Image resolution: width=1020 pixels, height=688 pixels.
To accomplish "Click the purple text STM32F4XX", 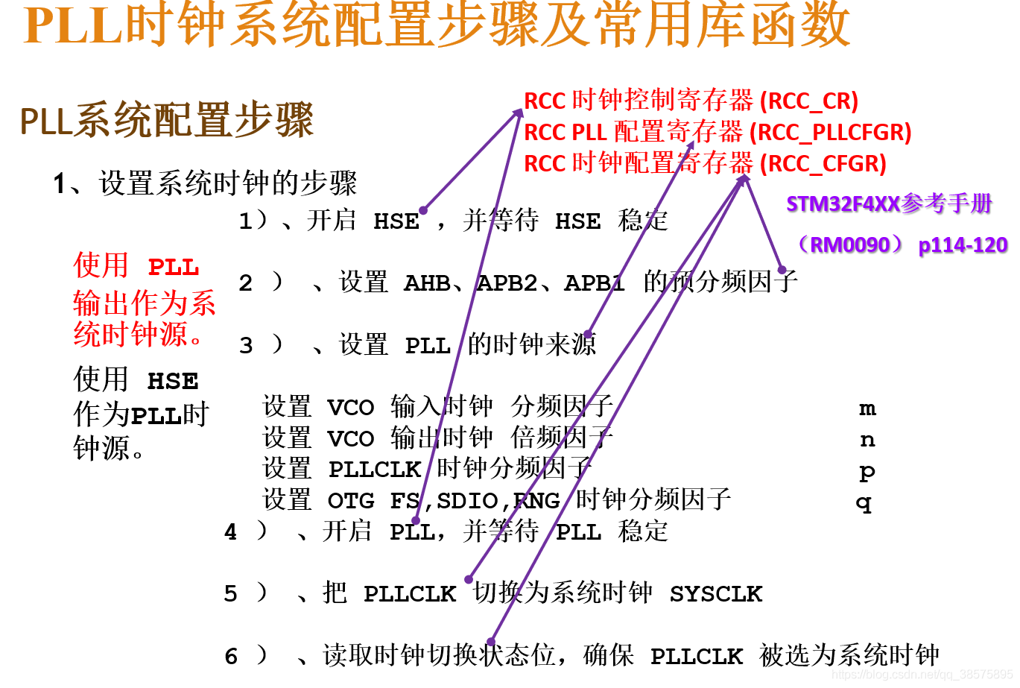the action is (x=843, y=203).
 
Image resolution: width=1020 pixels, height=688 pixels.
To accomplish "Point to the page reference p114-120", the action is (x=963, y=244).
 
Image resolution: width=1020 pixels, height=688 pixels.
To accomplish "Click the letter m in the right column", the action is (x=867, y=408).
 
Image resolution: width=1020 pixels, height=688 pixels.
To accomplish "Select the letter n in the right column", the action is (x=867, y=440).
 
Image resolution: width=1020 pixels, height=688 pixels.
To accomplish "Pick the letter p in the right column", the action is (x=867, y=472).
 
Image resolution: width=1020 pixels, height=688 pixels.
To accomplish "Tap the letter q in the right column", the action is (x=864, y=503).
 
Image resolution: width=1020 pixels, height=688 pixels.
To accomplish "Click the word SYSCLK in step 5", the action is (x=715, y=594).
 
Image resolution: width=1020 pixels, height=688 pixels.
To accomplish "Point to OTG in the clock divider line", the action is (x=351, y=501).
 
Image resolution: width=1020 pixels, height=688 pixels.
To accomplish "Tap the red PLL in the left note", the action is (x=174, y=267).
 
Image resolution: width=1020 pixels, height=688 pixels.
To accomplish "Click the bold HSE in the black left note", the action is (x=173, y=382).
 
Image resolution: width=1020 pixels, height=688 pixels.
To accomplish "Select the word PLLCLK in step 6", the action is (x=697, y=657).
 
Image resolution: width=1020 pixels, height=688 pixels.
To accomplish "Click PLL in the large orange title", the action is (x=73, y=25).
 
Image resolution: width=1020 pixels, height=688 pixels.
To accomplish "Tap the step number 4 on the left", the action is (x=231, y=532).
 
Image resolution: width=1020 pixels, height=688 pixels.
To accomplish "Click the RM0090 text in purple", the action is (x=850, y=244).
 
